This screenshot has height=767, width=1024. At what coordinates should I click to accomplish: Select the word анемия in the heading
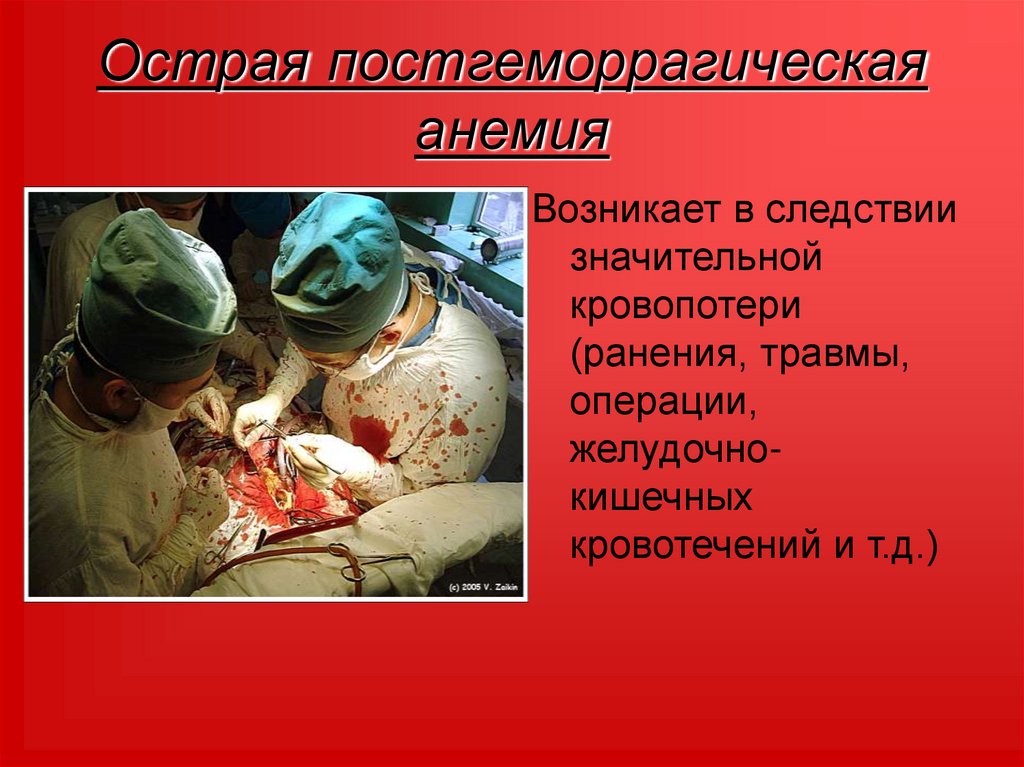click(512, 133)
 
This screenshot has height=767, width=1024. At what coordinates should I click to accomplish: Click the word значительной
click(696, 259)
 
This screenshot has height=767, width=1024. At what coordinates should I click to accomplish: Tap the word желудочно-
click(676, 450)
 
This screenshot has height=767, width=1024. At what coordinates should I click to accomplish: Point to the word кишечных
click(661, 497)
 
